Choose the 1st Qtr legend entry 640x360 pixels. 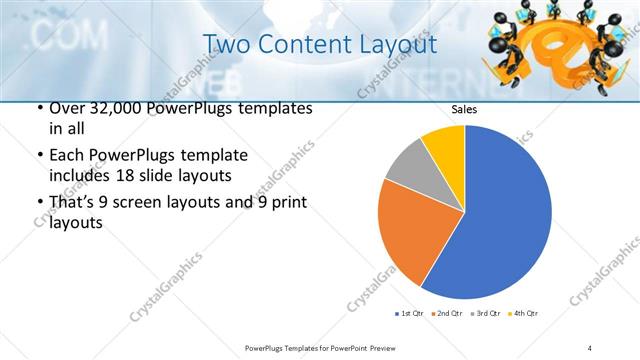(x=411, y=314)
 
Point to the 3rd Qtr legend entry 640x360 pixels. (x=487, y=314)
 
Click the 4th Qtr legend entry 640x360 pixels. (x=524, y=314)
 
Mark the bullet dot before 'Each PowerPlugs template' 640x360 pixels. (x=39, y=156)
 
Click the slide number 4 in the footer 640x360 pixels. (x=590, y=347)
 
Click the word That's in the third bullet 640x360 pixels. (x=72, y=205)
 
